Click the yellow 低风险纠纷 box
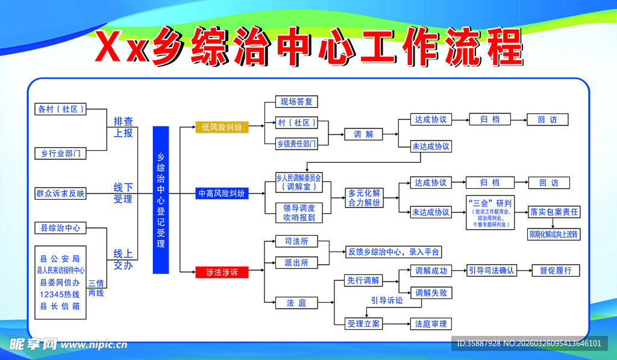pyautogui.click(x=222, y=127)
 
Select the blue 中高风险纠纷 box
pyautogui.click(x=222, y=194)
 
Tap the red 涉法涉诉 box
pyautogui.click(x=222, y=273)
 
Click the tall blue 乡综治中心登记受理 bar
pyautogui.click(x=161, y=200)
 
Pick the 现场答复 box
pyautogui.click(x=296, y=102)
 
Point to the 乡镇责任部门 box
pyautogui.click(x=296, y=143)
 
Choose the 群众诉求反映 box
pyautogui.click(x=60, y=194)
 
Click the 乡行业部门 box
pyautogui.click(x=60, y=153)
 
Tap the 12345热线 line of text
pyautogui.click(x=60, y=294)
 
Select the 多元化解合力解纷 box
pyautogui.click(x=364, y=198)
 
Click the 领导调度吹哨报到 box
pyautogui.click(x=299, y=212)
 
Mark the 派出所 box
pyautogui.click(x=296, y=262)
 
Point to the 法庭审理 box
pyautogui.click(x=430, y=324)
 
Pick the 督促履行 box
pyautogui.click(x=555, y=270)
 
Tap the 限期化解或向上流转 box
pyautogui.click(x=554, y=234)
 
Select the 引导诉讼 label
pyautogui.click(x=386, y=300)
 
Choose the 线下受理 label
pyautogui.click(x=123, y=193)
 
